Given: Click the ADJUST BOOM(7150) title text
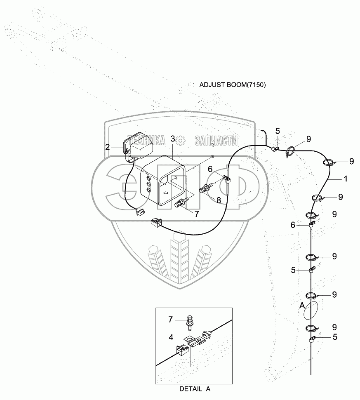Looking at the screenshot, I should click(233, 85).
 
